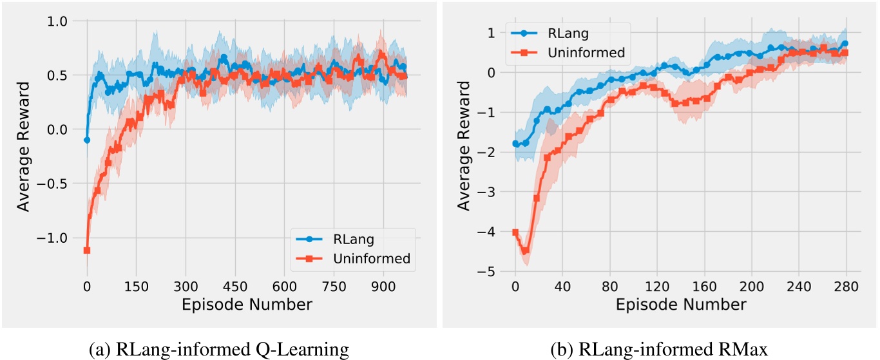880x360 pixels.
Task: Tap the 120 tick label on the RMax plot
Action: pos(656,286)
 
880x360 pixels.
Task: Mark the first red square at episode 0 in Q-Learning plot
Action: pos(87,250)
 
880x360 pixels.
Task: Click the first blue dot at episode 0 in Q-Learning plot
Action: pos(87,140)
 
